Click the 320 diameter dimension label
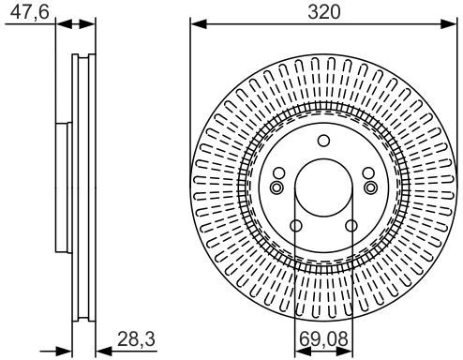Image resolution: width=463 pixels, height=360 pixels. click(323, 12)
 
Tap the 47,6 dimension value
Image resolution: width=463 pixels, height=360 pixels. click(30, 12)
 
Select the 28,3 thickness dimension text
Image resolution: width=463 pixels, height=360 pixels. click(136, 338)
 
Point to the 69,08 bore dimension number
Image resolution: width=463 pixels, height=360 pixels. click(323, 338)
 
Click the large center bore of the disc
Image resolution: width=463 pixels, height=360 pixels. click(323, 187)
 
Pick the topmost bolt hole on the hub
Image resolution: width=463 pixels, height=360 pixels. click(323, 141)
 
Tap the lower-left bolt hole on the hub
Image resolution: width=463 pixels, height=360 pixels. click(296, 226)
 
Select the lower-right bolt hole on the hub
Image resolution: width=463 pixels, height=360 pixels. click(351, 226)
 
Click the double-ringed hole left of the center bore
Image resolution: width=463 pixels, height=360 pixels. click(276, 187)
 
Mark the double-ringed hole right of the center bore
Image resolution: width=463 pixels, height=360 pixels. click(371, 187)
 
